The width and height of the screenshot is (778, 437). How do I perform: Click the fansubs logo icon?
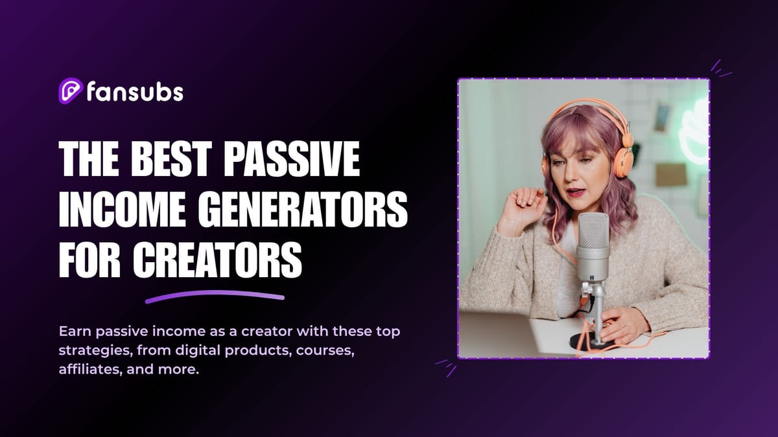point(70,91)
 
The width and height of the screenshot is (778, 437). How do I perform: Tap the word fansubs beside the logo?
point(134,92)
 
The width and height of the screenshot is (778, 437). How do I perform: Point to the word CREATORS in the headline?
point(218,262)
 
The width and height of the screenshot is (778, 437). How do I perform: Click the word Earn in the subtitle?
point(74,331)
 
